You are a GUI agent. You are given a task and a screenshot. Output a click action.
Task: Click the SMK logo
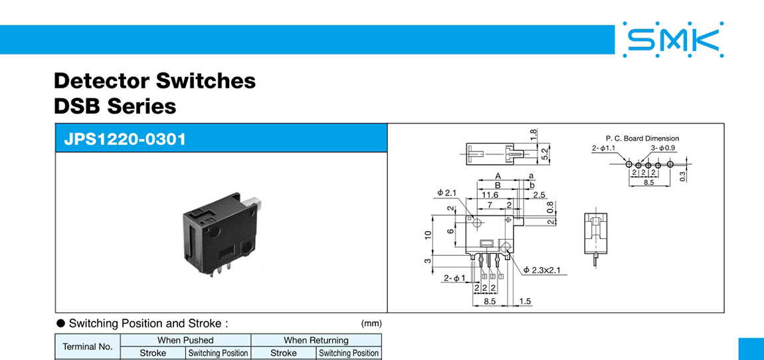[x=674, y=39]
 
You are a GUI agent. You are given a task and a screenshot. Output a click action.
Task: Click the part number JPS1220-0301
[x=125, y=139]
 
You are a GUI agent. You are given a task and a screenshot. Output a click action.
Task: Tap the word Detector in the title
[x=102, y=80]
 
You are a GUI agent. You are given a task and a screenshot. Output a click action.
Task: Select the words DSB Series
[x=115, y=106]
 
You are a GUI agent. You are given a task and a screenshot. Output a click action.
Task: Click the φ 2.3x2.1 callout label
[x=545, y=270]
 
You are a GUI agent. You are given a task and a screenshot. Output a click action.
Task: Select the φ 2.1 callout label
[x=447, y=193]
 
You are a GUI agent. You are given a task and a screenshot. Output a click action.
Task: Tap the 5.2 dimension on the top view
[x=545, y=155]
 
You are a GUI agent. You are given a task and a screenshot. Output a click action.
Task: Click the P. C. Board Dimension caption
[x=642, y=138]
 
